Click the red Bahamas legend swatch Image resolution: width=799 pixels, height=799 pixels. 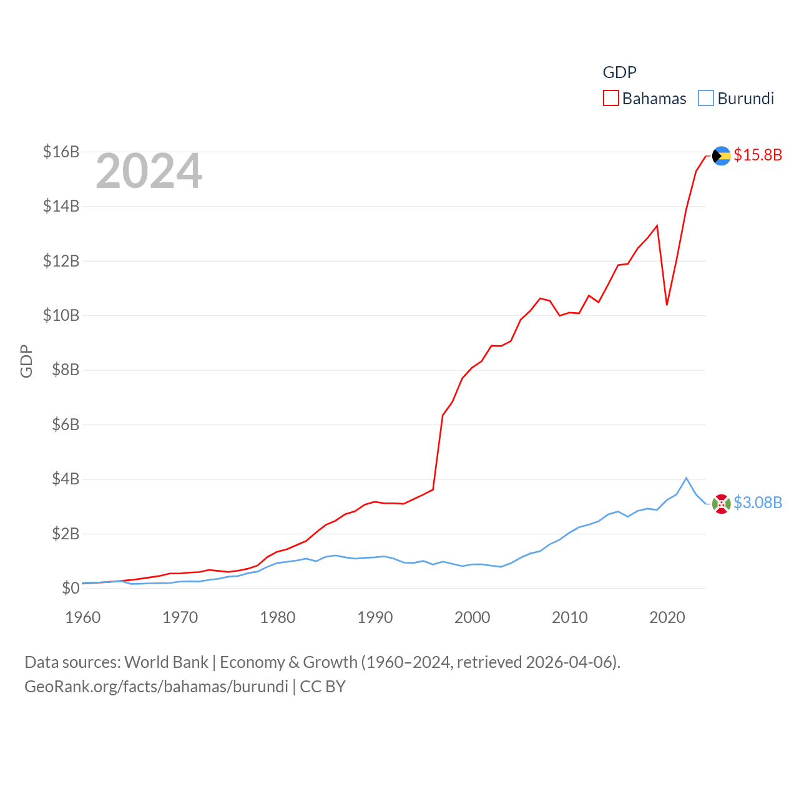(610, 99)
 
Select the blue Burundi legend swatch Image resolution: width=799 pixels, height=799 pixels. (705, 99)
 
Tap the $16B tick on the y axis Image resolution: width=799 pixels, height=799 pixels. (61, 152)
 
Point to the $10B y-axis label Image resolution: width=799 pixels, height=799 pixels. (61, 315)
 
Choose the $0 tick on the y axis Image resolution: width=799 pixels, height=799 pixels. (71, 588)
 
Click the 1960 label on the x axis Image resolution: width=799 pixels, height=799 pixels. (83, 617)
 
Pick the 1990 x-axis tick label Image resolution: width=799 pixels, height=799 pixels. (375, 617)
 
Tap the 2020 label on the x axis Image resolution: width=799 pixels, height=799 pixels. (667, 617)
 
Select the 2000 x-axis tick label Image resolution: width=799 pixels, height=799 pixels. (473, 617)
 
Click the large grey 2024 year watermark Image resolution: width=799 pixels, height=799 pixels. (149, 171)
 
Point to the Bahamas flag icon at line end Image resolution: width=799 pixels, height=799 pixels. (722, 155)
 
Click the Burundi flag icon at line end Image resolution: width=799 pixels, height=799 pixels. (722, 504)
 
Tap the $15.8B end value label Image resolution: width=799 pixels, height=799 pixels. (758, 155)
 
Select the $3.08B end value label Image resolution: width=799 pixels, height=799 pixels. (758, 502)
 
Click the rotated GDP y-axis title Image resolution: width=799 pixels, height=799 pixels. (26, 361)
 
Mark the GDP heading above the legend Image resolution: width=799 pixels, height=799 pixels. (619, 72)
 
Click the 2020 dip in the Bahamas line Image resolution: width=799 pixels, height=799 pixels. (667, 305)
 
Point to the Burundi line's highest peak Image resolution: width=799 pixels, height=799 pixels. (687, 478)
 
